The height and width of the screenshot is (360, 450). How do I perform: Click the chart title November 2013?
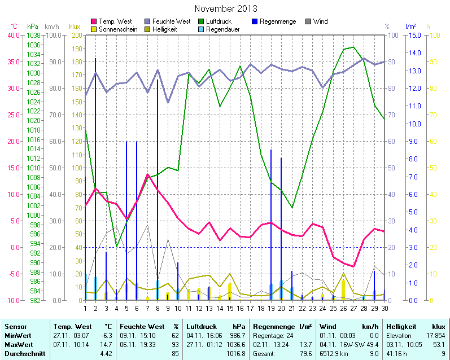point(225,8)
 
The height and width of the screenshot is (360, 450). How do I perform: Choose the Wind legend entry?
point(320,21)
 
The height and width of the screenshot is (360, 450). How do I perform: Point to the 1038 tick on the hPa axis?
point(33,35)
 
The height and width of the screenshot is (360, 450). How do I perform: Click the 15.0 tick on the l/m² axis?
point(412,35)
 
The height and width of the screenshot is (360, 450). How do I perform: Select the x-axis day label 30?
point(385,308)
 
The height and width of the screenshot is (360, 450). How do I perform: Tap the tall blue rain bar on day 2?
point(95,169)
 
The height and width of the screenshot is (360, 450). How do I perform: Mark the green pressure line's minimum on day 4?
point(116,247)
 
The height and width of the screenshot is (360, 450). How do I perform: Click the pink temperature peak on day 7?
point(147,174)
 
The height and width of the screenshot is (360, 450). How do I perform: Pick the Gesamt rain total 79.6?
point(305,353)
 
